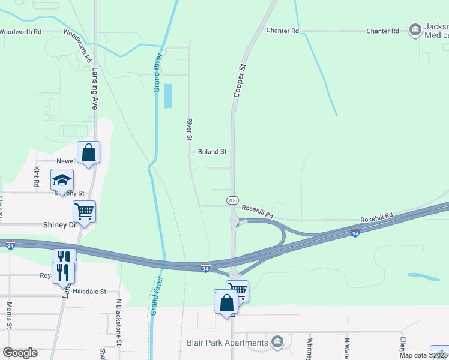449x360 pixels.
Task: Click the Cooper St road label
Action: (x=240, y=82)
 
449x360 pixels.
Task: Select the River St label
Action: (x=188, y=129)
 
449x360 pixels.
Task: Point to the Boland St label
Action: (x=212, y=152)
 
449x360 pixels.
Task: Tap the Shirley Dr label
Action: (x=60, y=225)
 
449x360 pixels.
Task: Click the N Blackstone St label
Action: (x=119, y=331)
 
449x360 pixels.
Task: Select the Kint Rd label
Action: (x=37, y=176)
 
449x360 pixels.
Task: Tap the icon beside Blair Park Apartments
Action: (x=277, y=342)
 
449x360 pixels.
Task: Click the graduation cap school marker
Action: (x=62, y=179)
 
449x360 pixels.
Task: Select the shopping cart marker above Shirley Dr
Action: (x=85, y=211)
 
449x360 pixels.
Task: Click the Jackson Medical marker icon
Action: (x=415, y=30)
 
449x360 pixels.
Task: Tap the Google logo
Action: (x=20, y=353)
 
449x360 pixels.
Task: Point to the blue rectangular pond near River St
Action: (x=168, y=96)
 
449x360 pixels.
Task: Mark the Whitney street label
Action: (x=310, y=348)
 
